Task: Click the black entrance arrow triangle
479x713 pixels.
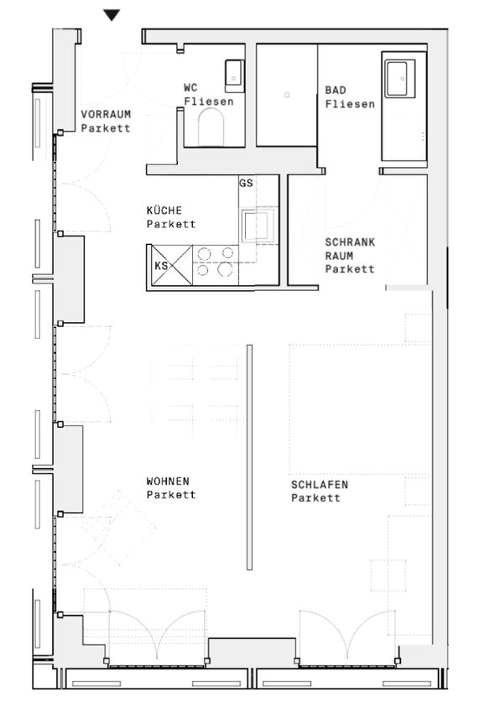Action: pyautogui.click(x=112, y=15)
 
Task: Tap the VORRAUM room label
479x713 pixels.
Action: pyautogui.click(x=106, y=114)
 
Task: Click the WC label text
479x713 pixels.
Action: pyautogui.click(x=190, y=88)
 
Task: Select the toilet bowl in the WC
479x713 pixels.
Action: pyautogui.click(x=211, y=128)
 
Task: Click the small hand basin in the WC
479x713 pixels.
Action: pyautogui.click(x=234, y=75)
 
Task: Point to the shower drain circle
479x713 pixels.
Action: pyautogui.click(x=287, y=95)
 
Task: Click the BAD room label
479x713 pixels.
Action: pyautogui.click(x=336, y=91)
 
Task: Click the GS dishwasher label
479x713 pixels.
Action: pyautogui.click(x=246, y=183)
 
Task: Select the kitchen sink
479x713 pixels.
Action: pyautogui.click(x=255, y=225)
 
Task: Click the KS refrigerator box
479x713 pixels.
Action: pyautogui.click(x=171, y=266)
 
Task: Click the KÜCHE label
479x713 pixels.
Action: pyautogui.click(x=164, y=211)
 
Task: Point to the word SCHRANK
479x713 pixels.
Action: pyautogui.click(x=350, y=242)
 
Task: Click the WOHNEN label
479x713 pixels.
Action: pyautogui.click(x=168, y=481)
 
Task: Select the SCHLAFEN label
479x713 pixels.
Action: pyautogui.click(x=320, y=485)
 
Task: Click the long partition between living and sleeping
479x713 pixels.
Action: pyautogui.click(x=249, y=457)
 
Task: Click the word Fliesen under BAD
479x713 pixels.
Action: pyautogui.click(x=351, y=104)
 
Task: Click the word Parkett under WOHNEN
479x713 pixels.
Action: pyautogui.click(x=171, y=495)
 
